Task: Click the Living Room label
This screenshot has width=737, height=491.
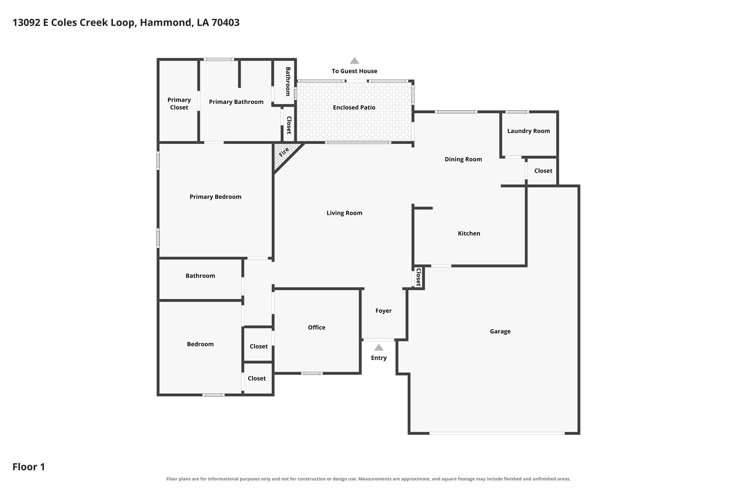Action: [344, 213]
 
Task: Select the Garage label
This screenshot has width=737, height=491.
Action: [500, 331]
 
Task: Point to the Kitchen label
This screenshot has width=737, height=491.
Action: [469, 233]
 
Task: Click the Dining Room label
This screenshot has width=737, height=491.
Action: [463, 159]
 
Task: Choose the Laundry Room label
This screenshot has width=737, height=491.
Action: [528, 131]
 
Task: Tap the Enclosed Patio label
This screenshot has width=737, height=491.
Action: [354, 108]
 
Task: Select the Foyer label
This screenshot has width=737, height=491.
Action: [383, 311]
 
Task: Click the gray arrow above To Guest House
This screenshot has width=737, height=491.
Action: [354, 61]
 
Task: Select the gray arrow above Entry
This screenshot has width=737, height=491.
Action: [379, 347]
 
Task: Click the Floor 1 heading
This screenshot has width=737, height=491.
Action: [28, 467]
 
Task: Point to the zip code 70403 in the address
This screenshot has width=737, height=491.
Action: [225, 23]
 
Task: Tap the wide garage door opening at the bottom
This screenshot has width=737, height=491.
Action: [497, 433]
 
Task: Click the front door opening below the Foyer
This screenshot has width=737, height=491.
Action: [379, 340]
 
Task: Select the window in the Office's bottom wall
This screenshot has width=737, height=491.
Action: [312, 373]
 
